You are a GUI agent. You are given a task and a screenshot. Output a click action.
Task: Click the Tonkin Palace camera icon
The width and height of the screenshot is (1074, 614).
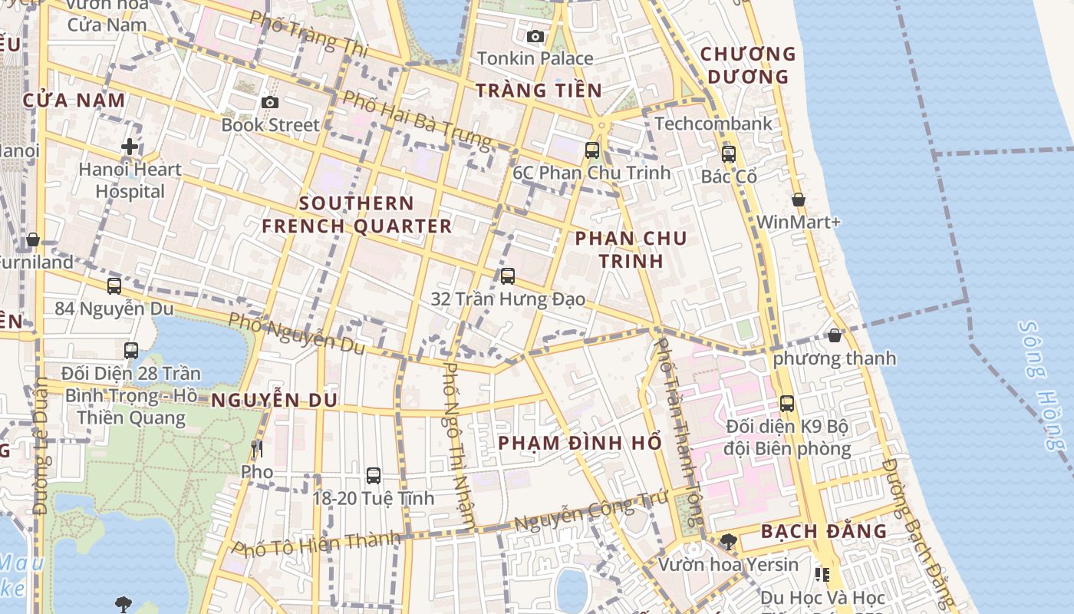point(535,36)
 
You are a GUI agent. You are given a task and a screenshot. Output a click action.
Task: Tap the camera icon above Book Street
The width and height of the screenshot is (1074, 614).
point(269,102)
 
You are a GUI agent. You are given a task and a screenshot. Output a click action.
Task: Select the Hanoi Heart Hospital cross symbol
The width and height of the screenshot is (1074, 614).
point(130,146)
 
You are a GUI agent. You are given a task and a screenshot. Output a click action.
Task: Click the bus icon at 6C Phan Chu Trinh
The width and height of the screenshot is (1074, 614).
point(591,150)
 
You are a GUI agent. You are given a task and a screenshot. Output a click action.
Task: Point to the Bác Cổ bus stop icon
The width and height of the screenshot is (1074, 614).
point(728,153)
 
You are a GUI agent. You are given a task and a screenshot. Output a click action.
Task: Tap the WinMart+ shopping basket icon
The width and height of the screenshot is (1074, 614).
point(799,200)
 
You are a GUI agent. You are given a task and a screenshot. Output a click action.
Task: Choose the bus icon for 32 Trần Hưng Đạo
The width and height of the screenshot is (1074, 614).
point(507,276)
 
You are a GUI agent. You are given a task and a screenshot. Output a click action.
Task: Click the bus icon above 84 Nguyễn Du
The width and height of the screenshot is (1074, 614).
point(114,286)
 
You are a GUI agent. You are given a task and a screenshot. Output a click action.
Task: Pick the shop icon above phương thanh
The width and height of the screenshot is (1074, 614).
point(835,335)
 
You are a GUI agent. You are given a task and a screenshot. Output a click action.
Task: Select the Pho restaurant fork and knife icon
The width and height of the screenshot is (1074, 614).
point(257,448)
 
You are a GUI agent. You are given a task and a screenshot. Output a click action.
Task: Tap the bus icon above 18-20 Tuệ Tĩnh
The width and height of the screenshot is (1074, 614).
point(373,475)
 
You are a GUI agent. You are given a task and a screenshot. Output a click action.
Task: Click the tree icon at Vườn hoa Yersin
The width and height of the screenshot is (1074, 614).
point(728,542)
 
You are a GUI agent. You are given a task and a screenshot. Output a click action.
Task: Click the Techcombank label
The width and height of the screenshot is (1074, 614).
point(713,124)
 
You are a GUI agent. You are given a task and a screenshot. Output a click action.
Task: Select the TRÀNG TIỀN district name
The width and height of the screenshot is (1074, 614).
point(539,91)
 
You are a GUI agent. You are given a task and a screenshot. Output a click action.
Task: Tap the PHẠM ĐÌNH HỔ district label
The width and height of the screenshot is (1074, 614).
point(579,444)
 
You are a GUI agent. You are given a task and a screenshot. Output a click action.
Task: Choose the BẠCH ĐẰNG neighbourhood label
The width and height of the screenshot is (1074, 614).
point(824,531)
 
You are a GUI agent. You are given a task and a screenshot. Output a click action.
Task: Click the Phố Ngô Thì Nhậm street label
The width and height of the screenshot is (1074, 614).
point(459,445)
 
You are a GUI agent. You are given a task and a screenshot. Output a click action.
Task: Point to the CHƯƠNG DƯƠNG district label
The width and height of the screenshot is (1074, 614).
point(748,65)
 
